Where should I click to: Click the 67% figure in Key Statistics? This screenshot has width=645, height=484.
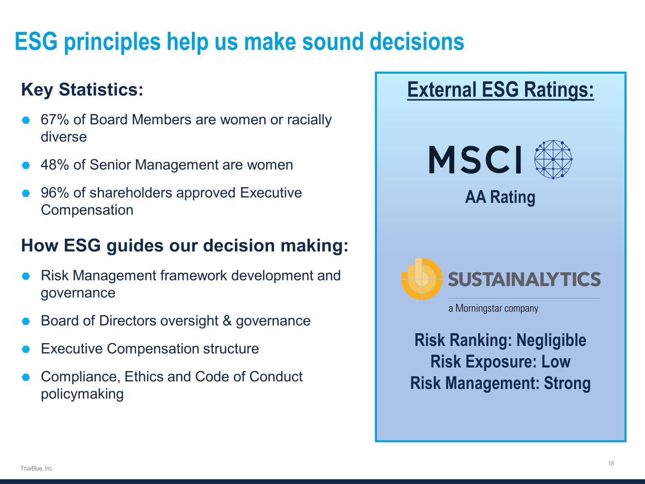click(x=55, y=120)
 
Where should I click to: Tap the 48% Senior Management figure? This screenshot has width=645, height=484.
click(x=55, y=164)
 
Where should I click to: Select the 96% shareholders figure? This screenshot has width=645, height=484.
click(x=55, y=193)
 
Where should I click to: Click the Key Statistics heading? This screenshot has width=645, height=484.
click(x=82, y=89)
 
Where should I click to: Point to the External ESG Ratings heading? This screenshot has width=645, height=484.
click(x=500, y=90)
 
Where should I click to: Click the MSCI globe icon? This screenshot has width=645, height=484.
click(x=553, y=160)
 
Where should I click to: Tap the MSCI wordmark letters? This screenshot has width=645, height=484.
click(x=475, y=160)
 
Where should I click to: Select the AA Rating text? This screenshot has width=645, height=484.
click(x=500, y=197)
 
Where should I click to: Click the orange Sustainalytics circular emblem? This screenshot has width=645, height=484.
click(x=422, y=279)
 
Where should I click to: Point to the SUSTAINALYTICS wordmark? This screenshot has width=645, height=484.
click(x=524, y=279)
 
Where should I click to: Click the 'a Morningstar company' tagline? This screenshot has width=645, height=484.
click(x=493, y=308)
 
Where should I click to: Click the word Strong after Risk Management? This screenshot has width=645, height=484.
click(x=567, y=383)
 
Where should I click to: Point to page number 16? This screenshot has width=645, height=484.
click(x=611, y=463)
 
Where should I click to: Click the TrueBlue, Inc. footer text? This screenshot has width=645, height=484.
click(x=37, y=468)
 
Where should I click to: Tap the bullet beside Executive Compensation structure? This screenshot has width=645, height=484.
click(x=26, y=349)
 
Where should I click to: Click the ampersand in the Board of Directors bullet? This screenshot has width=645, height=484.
click(x=227, y=320)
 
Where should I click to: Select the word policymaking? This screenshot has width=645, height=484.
click(x=82, y=394)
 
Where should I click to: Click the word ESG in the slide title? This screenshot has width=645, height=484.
click(x=36, y=42)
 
